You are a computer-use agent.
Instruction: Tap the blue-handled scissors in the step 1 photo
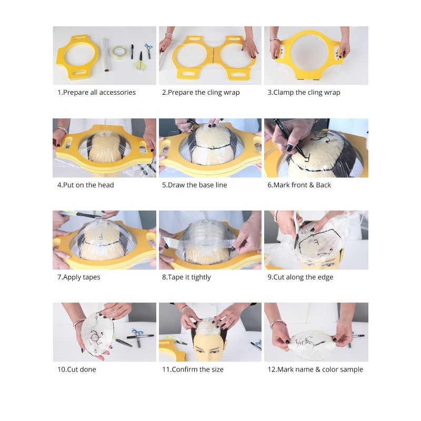(x=148, y=50)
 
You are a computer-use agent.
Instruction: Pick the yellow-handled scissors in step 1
(x=139, y=62)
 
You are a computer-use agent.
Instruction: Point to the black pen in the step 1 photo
(x=132, y=52)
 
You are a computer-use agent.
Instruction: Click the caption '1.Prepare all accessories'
(x=96, y=93)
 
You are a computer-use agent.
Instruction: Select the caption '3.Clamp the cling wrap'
(x=304, y=93)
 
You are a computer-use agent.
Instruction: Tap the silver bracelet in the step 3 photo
(x=274, y=40)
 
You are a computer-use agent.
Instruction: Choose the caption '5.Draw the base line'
(x=194, y=185)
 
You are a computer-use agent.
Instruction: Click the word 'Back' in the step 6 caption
(x=323, y=185)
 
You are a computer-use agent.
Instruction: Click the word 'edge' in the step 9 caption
(x=325, y=277)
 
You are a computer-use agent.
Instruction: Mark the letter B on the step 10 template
(x=96, y=350)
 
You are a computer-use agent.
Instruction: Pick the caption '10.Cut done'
(x=76, y=369)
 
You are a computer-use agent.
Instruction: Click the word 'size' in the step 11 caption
(x=217, y=369)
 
